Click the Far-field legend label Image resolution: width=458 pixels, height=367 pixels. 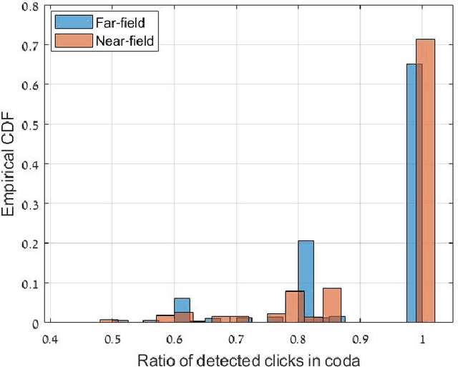pyautogui.click(x=120, y=24)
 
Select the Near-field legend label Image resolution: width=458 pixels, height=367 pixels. pyautogui.click(x=124, y=41)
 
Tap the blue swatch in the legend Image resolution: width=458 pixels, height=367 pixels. pyautogui.click(x=74, y=24)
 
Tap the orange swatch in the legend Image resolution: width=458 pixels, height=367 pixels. pyautogui.click(x=74, y=41)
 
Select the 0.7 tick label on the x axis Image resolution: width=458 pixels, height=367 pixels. pyautogui.click(x=239, y=337)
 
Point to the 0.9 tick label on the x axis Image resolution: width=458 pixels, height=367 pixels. pyautogui.click(x=361, y=337)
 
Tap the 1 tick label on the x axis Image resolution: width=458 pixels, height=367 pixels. pyautogui.click(x=423, y=337)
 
